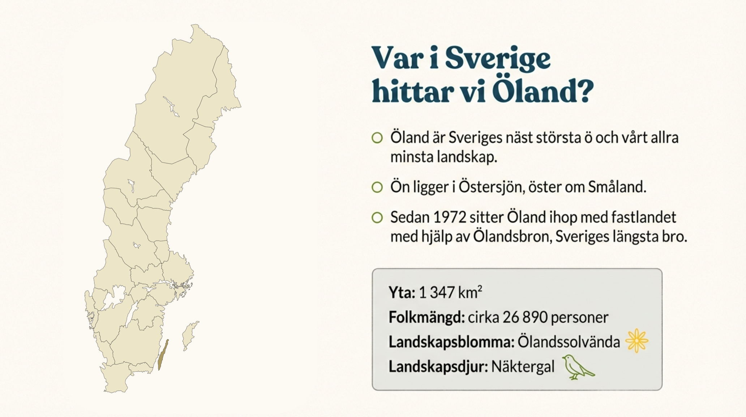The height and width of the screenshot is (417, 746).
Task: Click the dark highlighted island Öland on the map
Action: coord(163,355)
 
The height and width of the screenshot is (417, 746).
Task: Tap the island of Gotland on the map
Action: coord(189,335)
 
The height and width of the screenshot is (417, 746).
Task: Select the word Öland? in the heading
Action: coord(543,90)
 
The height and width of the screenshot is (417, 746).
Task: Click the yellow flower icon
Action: coord(637,341)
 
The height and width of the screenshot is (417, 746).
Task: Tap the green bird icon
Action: coord(578,367)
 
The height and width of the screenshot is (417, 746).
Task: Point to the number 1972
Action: coord(449,218)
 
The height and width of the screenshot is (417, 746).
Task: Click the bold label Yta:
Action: coord(402,292)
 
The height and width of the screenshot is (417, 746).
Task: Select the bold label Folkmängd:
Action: coord(426,317)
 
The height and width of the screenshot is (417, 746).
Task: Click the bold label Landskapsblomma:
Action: coord(451,342)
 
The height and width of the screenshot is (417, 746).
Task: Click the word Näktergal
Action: coord(523,367)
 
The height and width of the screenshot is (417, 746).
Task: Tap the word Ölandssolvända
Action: coord(569,342)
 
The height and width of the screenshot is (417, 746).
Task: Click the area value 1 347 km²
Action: coord(451,292)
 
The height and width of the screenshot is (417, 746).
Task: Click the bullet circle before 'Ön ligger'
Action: coord(377,187)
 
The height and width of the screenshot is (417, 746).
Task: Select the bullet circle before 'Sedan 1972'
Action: coord(377,218)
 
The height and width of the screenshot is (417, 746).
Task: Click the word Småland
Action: coord(617,187)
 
